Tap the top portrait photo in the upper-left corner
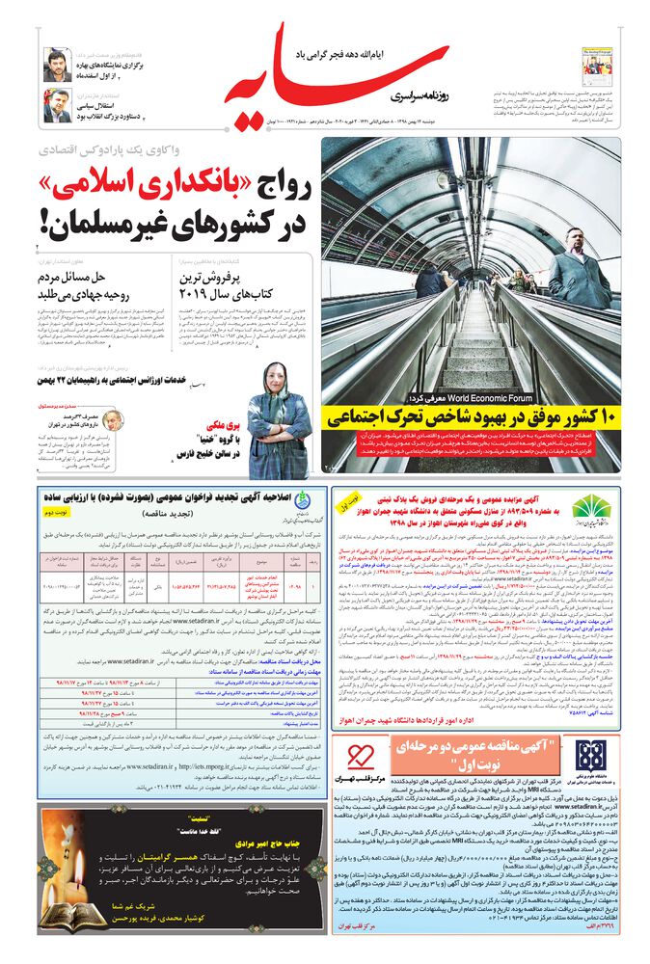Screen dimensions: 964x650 (56, 65)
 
